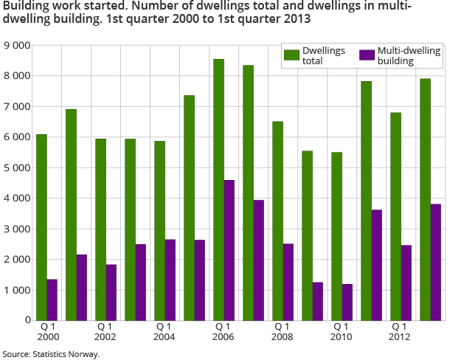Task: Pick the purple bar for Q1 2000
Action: [x=52, y=300]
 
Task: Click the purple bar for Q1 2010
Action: [x=347, y=302]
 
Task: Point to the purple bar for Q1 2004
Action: [x=170, y=280]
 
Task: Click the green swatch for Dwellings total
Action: [x=291, y=55]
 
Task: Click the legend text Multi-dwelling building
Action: [x=399, y=56]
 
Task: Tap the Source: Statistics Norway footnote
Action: [x=51, y=354]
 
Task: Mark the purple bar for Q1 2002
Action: [x=111, y=292]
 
